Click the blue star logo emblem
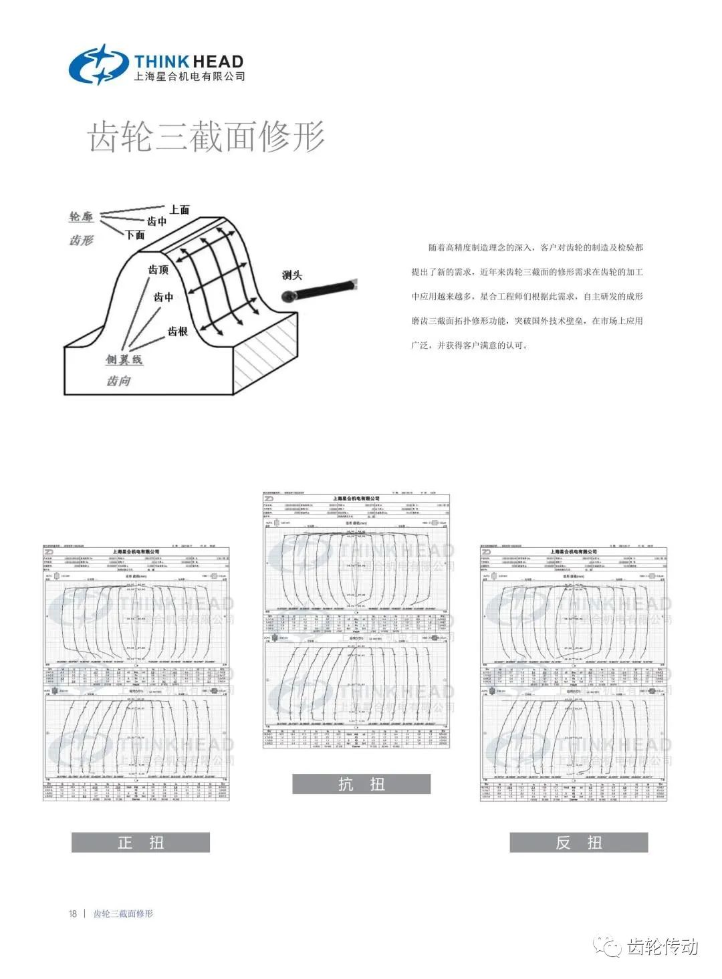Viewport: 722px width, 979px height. (x=98, y=65)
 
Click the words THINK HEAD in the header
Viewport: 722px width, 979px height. (x=189, y=61)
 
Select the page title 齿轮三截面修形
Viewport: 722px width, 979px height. (x=207, y=136)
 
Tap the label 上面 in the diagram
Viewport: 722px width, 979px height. (x=179, y=210)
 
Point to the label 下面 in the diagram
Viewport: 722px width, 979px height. (x=135, y=235)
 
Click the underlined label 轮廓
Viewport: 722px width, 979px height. (x=82, y=217)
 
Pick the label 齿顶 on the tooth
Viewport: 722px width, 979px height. (x=158, y=269)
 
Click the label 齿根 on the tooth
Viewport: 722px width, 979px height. (x=177, y=331)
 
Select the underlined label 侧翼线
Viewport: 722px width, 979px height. (x=124, y=360)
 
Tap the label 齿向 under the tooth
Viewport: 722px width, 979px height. (x=118, y=381)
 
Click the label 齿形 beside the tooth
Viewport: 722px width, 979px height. (x=82, y=240)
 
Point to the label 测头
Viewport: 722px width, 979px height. (x=292, y=275)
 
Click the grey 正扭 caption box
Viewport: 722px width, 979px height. (x=140, y=842)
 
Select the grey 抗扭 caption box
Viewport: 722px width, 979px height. (x=361, y=784)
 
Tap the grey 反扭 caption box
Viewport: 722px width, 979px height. (x=578, y=842)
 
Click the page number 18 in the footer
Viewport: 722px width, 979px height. (x=73, y=914)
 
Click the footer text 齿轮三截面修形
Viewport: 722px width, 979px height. (x=123, y=914)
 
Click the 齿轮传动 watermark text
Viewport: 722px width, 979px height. (x=663, y=947)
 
